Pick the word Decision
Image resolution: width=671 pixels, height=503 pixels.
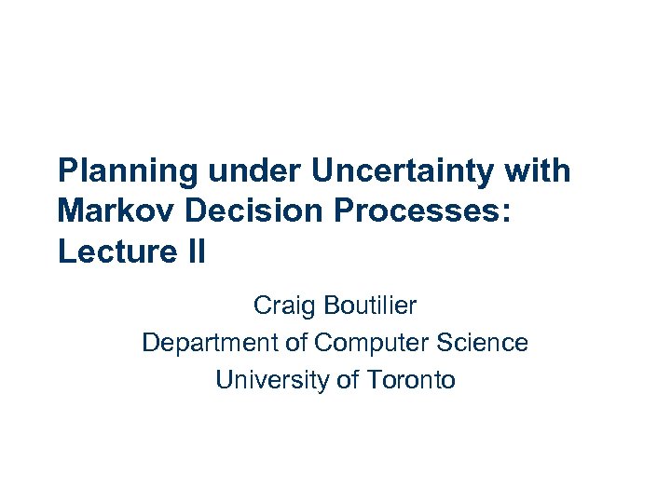[247, 211]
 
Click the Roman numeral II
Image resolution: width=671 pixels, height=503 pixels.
[190, 251]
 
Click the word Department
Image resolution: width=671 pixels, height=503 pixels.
[210, 343]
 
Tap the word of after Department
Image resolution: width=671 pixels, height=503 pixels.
[296, 343]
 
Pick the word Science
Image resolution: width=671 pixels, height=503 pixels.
[484, 343]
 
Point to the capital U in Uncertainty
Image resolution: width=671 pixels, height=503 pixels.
[322, 171]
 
